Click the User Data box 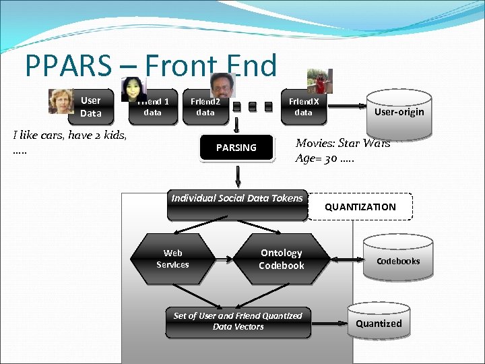click(91, 107)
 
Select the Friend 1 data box click(154, 107)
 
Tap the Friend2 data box click(205, 107)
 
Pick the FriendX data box click(303, 107)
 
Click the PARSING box click(236, 148)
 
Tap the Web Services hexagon click(173, 259)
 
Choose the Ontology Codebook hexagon click(282, 259)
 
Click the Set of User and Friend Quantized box click(238, 322)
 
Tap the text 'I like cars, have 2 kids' click(69, 135)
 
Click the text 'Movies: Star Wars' click(343, 143)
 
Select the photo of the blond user click(61, 101)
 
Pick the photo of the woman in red click(316, 81)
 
